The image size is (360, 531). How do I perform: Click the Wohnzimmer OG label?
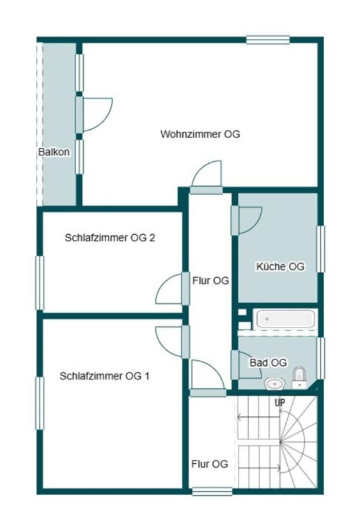pos(200,134)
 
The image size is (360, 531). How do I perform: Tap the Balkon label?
pos(54,152)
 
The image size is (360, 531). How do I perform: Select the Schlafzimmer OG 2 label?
pos(110,237)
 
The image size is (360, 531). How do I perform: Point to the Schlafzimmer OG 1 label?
pos(104,376)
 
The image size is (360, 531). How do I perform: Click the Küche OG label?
pos(279,267)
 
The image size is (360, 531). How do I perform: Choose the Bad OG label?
pos(268,362)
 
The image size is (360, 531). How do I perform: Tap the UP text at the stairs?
pos(279,403)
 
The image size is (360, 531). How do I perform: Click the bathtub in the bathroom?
pos(285,319)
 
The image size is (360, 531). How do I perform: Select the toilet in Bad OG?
pos(299,377)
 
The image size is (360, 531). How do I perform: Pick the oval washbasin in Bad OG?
pos(274,384)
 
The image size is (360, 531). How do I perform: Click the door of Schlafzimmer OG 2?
pos(169,289)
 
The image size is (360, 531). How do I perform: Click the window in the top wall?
pos(268,40)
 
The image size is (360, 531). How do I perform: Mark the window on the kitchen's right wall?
pos(321,249)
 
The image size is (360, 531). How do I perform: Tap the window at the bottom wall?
pos(212,491)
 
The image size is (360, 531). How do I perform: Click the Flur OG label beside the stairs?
pos(209,464)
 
